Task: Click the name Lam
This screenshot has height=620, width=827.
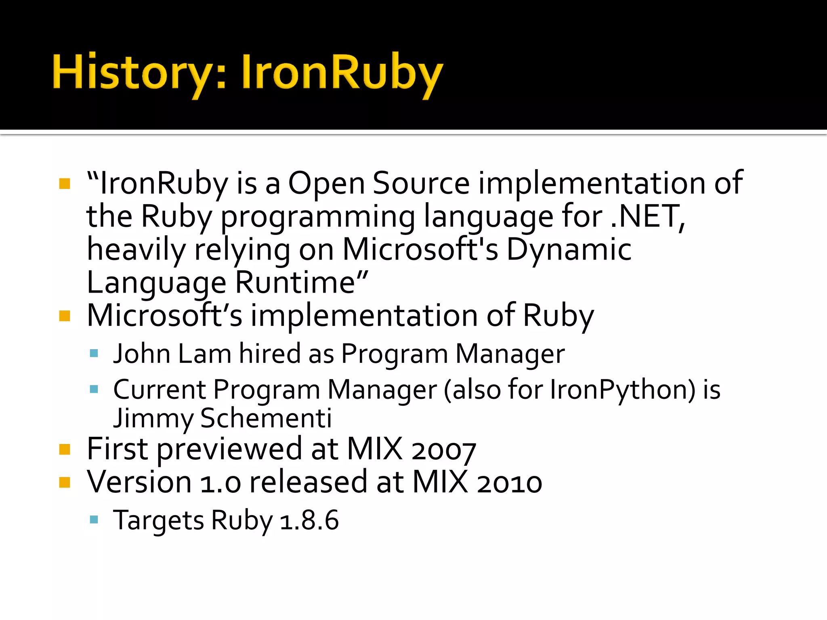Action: pos(204,354)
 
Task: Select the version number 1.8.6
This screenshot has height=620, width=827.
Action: pos(309,521)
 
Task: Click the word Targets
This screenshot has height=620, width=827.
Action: pos(159,521)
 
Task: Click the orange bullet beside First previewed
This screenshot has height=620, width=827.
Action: pos(65,450)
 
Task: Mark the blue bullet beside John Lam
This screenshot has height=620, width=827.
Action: pos(94,354)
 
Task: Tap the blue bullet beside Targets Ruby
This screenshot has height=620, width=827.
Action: pos(94,519)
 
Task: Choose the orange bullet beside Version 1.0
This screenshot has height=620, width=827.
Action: pos(65,483)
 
